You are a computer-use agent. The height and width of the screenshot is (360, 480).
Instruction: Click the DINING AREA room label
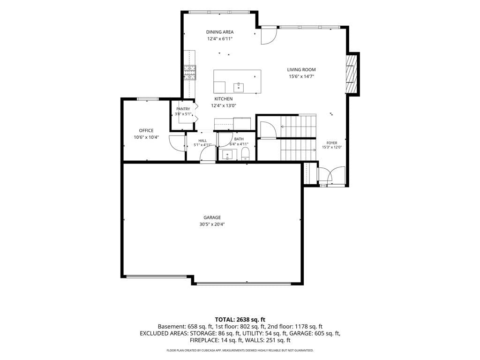coord(219,32)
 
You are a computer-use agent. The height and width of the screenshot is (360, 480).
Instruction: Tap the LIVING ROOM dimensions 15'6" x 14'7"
coord(301,76)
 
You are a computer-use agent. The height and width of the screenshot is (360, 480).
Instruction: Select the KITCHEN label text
coord(223,99)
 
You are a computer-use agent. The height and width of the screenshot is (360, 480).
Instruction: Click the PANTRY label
coord(183,109)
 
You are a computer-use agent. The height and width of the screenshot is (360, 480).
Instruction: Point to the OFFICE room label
coord(146,130)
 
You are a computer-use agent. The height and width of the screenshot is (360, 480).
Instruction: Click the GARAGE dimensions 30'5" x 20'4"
coord(212,225)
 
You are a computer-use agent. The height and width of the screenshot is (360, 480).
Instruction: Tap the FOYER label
coord(332,143)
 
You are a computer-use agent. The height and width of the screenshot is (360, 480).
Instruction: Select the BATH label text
coord(239,139)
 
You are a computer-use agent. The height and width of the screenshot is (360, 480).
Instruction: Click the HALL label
coord(202,141)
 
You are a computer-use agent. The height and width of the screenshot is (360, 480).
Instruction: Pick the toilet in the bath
coord(246,154)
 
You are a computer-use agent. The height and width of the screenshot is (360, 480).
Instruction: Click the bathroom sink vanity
coord(227,155)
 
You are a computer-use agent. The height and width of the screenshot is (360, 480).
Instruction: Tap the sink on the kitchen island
coord(239,87)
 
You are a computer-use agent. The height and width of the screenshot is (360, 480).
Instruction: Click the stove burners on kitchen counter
coord(190,73)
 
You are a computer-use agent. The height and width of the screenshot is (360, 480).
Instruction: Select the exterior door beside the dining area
coord(269,36)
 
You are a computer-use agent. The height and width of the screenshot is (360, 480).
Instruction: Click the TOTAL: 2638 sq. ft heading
coord(240,320)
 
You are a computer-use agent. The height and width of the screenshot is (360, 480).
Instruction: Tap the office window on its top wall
coord(148,99)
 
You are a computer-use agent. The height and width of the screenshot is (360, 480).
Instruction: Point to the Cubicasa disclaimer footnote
coord(240,350)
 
